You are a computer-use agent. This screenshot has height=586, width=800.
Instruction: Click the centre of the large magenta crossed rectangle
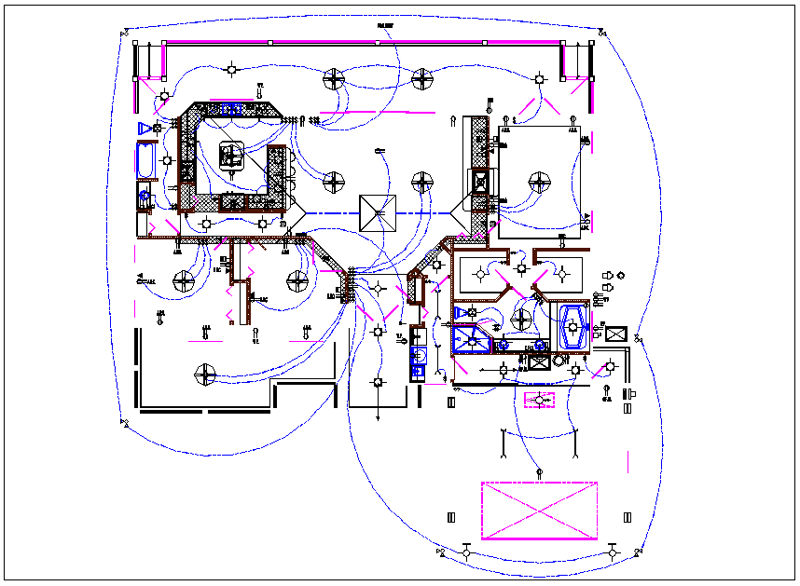(539, 511)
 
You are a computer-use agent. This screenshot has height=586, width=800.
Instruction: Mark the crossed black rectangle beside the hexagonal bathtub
(615, 333)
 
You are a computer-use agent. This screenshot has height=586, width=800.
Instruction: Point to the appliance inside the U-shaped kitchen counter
(230, 155)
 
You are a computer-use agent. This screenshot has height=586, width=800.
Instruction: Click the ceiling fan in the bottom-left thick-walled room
(204, 375)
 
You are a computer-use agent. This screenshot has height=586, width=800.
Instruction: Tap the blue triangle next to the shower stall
(461, 312)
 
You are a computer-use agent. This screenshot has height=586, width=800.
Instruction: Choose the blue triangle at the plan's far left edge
(144, 127)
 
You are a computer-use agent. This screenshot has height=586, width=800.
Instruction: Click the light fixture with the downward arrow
(378, 383)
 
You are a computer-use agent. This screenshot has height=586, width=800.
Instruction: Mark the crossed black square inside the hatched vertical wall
(479, 181)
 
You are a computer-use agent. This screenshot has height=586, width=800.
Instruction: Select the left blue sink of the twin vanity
(503, 344)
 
